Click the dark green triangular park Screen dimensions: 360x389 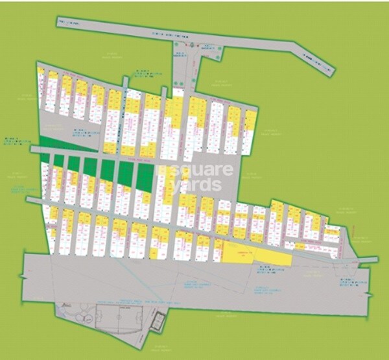[58, 145]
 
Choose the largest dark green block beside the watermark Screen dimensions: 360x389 [145, 176]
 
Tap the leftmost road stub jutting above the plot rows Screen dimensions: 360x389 [124, 82]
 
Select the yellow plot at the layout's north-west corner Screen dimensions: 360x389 [41, 71]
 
